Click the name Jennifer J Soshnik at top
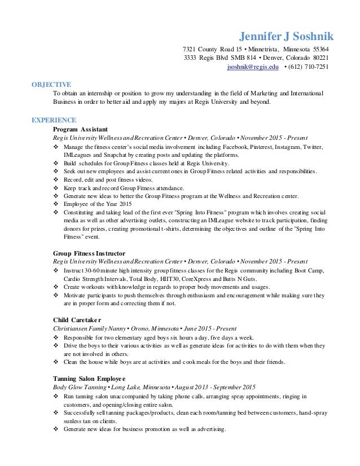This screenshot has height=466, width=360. point(287,37)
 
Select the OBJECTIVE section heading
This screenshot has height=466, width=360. point(51,85)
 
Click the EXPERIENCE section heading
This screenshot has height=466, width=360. point(54,120)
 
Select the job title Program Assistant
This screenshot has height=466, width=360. point(80,129)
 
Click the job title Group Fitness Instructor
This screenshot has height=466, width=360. point(89,253)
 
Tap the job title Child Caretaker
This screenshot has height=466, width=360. point(78,320)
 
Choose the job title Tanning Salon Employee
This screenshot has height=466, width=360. point(89,378)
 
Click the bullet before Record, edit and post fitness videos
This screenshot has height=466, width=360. point(56,179)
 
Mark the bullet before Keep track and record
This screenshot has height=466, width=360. point(56,187)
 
